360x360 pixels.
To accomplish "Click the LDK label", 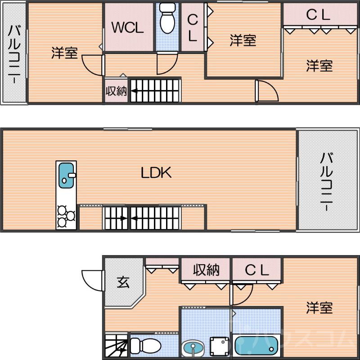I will pos(156,173).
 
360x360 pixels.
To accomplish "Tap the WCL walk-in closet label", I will pos(127,28).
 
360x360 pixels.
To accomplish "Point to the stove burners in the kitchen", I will pos(66,215).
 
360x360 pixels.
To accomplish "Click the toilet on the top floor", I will pos(167,18).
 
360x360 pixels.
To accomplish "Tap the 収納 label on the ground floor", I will pos(206,270).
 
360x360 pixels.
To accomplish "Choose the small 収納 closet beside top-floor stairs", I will pos(116,91).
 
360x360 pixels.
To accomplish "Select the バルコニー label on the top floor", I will pos(14,54).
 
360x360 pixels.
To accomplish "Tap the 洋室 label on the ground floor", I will pos(319,308).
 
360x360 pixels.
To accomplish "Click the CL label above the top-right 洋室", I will pos(318,15).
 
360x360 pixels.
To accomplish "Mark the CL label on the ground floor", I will pos(257,270).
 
